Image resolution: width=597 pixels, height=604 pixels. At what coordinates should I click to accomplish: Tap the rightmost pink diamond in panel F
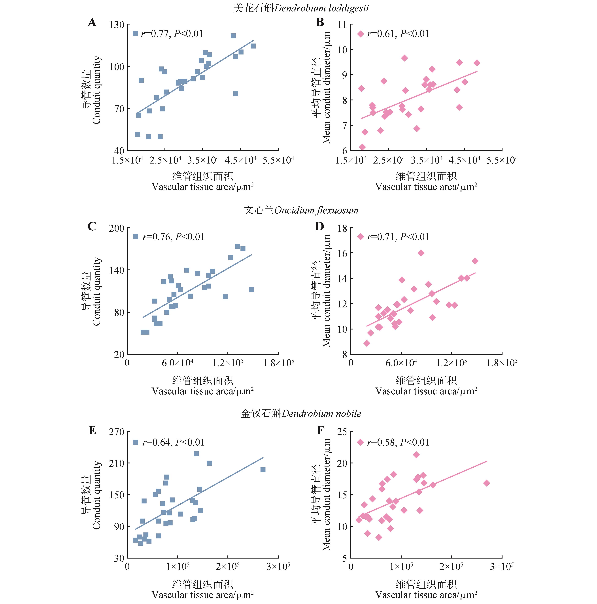486,483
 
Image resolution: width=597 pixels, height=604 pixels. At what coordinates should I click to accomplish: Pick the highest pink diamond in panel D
421,253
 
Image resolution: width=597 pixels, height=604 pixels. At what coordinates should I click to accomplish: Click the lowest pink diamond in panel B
362,147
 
